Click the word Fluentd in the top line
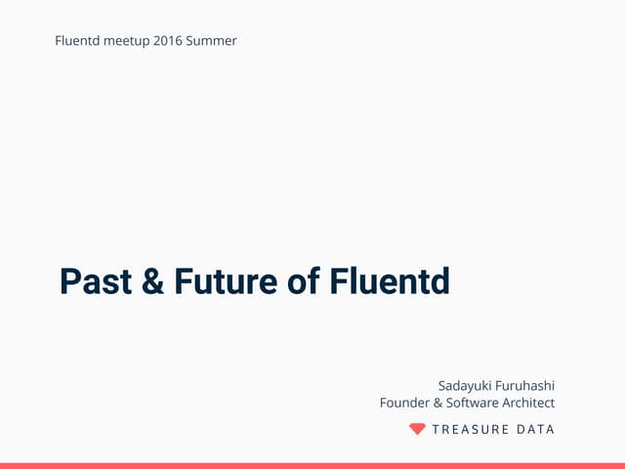tap(79, 41)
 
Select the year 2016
tap(170, 41)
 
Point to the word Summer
tap(214, 41)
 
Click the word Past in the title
tap(97, 281)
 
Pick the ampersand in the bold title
tap(153, 281)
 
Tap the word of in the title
tap(304, 281)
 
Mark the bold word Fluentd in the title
tap(389, 281)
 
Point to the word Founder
tap(404, 403)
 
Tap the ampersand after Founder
tap(438, 403)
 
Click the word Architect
tap(528, 403)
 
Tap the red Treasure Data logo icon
tap(417, 429)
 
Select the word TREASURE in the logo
tap(470, 429)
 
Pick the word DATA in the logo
tap(535, 429)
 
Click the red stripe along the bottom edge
tap(312, 465)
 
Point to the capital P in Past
tap(69, 281)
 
